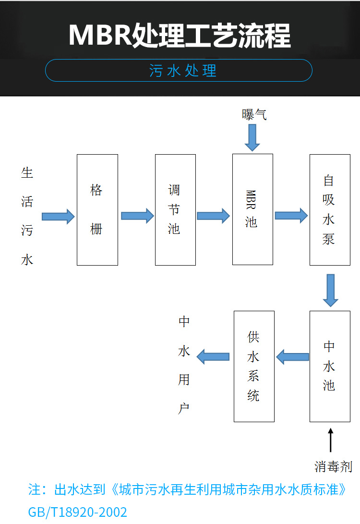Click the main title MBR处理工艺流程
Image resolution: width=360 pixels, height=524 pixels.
click(x=180, y=35)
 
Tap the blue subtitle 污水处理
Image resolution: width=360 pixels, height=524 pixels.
click(x=183, y=71)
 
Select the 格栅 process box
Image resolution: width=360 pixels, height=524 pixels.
click(x=97, y=209)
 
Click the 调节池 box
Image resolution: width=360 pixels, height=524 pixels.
click(x=175, y=209)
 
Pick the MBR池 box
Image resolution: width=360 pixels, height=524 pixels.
click(x=252, y=209)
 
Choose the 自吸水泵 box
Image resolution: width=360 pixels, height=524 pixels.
click(x=329, y=209)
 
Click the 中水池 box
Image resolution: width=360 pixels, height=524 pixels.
click(x=329, y=366)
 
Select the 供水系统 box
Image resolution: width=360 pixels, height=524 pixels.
click(x=254, y=366)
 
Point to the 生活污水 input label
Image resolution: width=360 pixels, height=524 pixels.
click(x=27, y=216)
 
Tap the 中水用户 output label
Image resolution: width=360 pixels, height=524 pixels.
click(x=184, y=365)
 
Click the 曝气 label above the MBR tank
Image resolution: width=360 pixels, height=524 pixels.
click(x=254, y=114)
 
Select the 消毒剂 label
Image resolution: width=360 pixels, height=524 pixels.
click(x=333, y=466)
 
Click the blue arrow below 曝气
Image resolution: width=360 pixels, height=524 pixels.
click(x=252, y=137)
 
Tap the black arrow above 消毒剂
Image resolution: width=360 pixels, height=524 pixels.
click(x=330, y=440)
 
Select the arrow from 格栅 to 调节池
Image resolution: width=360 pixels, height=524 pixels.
click(x=137, y=216)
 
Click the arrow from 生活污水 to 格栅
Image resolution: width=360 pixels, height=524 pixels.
click(x=58, y=216)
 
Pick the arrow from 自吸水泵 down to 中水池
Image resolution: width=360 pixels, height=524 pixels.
click(x=330, y=290)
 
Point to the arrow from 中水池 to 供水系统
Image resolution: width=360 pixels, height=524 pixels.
click(x=292, y=357)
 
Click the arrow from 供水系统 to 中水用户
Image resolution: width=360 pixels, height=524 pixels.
click(x=214, y=357)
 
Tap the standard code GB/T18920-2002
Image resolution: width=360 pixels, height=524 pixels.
click(x=78, y=512)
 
